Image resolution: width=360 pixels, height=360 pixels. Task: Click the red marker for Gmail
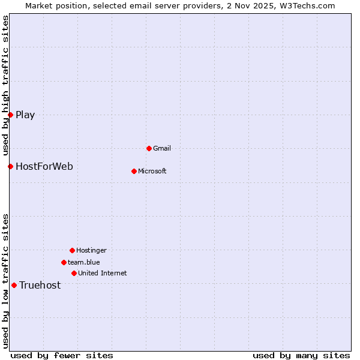149,148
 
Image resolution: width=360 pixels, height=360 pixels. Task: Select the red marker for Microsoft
134,171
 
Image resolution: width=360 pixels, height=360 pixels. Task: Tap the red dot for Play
10,115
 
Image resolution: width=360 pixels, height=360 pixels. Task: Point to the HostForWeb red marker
10,166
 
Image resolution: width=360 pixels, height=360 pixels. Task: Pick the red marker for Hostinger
72,250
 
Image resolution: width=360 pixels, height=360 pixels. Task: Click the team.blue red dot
64,262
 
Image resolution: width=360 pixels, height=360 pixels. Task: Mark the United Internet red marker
74,273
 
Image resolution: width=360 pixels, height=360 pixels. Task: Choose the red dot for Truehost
14,285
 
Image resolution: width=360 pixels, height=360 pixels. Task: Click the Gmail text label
162,148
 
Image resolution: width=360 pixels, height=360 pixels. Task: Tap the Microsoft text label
152,171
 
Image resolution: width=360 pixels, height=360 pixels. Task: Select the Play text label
25,115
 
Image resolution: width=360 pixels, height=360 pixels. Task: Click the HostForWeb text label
44,166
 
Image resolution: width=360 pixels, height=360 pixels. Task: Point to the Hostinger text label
91,250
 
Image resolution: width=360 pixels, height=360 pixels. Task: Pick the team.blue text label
84,262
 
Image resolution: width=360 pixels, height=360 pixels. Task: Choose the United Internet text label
103,273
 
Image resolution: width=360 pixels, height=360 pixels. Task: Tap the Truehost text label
40,285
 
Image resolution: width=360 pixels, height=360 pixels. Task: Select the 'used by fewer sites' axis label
62,355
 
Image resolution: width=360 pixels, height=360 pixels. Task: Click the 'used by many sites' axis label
301,355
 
